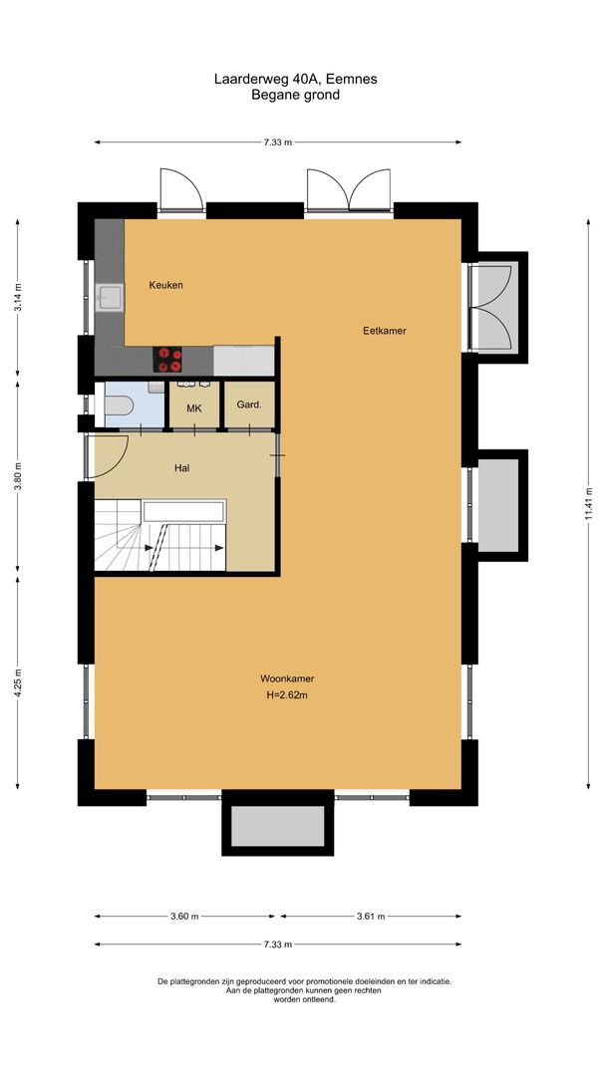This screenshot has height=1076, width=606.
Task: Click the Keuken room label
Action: click(165, 285)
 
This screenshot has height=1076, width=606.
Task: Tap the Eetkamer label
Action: click(384, 331)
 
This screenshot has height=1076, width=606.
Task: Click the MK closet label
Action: click(194, 407)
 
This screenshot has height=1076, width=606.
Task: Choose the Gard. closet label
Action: click(248, 405)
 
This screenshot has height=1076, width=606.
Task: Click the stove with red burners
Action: click(166, 359)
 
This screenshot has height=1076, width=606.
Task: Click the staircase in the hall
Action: click(159, 538)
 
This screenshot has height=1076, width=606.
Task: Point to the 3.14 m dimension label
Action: click(18, 298)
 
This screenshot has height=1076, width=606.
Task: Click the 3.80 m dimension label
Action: click(18, 479)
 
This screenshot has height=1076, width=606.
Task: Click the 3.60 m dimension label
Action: click(183, 917)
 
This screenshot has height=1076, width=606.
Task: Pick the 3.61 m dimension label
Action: click(371, 917)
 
